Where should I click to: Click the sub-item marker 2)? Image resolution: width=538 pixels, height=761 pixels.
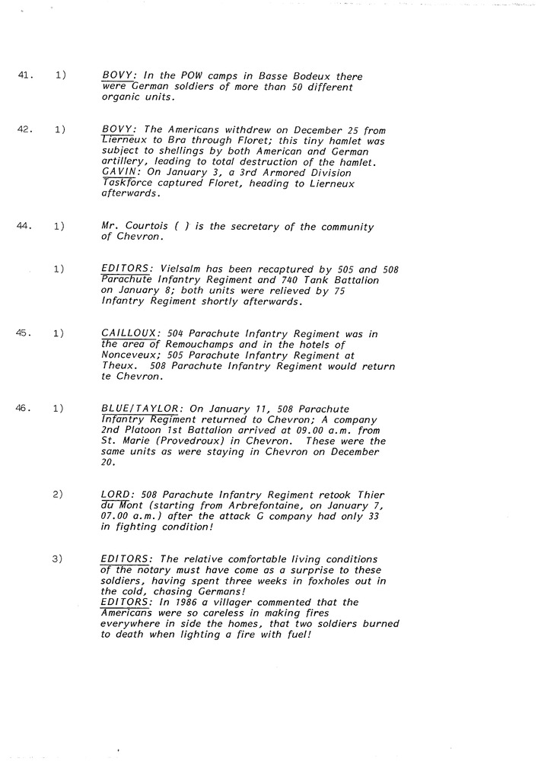coord(59,494)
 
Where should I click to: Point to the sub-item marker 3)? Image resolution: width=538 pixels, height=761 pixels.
coord(59,559)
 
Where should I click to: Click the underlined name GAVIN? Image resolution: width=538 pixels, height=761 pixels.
coord(120,173)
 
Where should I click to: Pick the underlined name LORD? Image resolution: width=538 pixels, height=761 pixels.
coord(117,495)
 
